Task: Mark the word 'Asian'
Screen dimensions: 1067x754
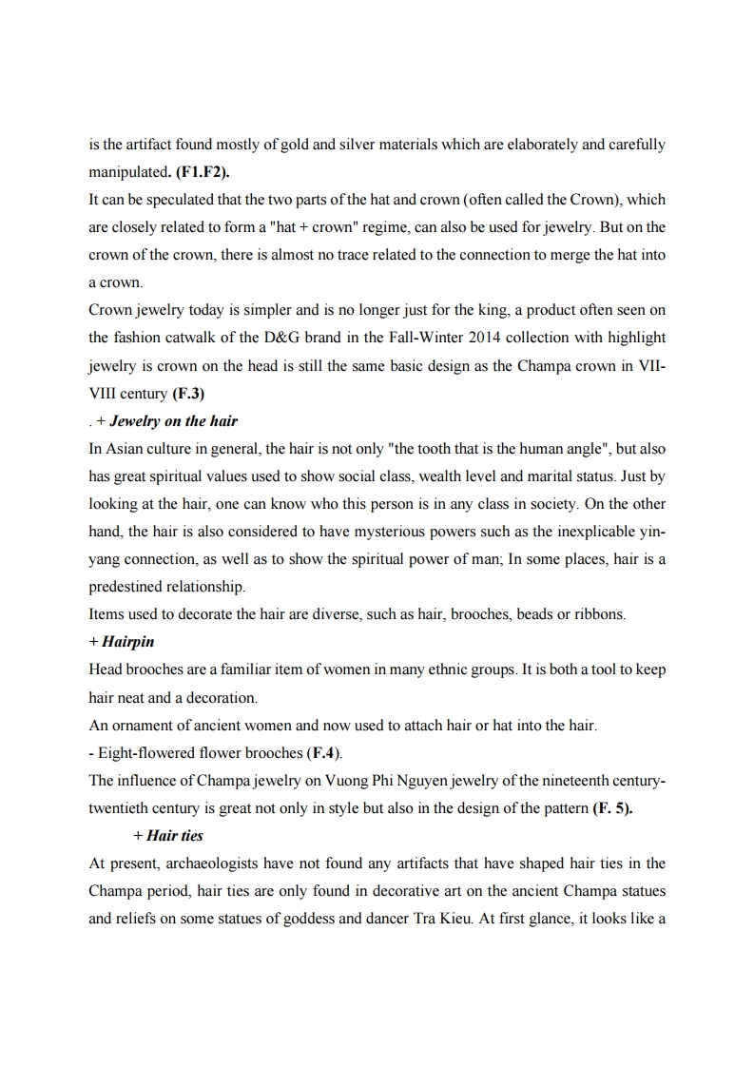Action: coord(121,449)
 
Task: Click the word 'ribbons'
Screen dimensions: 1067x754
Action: coord(598,614)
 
